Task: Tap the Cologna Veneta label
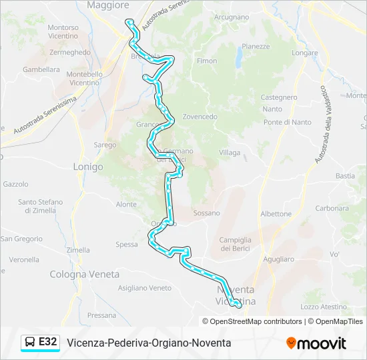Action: tap(84, 274)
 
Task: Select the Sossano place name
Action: tap(206, 213)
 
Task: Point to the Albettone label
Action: tap(276, 214)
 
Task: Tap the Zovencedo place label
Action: tap(200, 117)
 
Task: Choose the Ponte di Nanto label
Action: tap(287, 122)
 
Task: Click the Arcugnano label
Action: tap(232, 16)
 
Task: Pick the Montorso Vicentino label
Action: tap(63, 32)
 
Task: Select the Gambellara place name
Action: tap(41, 69)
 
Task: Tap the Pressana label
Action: tap(101, 315)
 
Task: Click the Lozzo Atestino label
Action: tap(324, 307)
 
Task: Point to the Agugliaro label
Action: tap(278, 259)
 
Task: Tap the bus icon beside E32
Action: tap(31, 343)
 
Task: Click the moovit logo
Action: tap(316, 343)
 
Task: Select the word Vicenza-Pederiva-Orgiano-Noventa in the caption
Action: tap(149, 343)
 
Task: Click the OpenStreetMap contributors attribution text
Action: tap(256, 321)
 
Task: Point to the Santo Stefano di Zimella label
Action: tap(41, 206)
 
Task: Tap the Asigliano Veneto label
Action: tap(145, 288)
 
